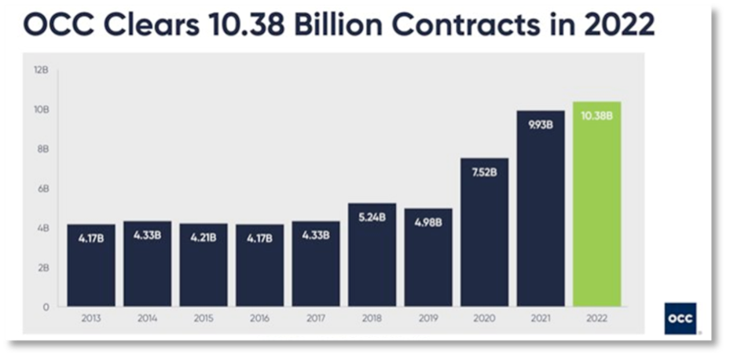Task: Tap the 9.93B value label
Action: pyautogui.click(x=541, y=124)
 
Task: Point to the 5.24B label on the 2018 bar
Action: pyautogui.click(x=372, y=218)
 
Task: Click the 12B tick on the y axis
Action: pyautogui.click(x=41, y=70)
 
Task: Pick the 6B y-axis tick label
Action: pyautogui.click(x=41, y=189)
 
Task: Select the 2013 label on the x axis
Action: pyautogui.click(x=91, y=320)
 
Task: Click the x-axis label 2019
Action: pyautogui.click(x=428, y=320)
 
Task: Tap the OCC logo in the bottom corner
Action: pyautogui.click(x=680, y=318)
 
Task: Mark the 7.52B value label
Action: pyautogui.click(x=484, y=171)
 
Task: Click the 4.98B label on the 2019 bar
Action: pyautogui.click(x=428, y=222)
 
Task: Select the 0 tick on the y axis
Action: pyautogui.click(x=45, y=307)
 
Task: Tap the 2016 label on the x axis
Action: pyautogui.click(x=259, y=320)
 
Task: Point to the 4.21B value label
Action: pyautogui.click(x=204, y=237)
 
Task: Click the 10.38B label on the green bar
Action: pyautogui.click(x=596, y=116)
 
